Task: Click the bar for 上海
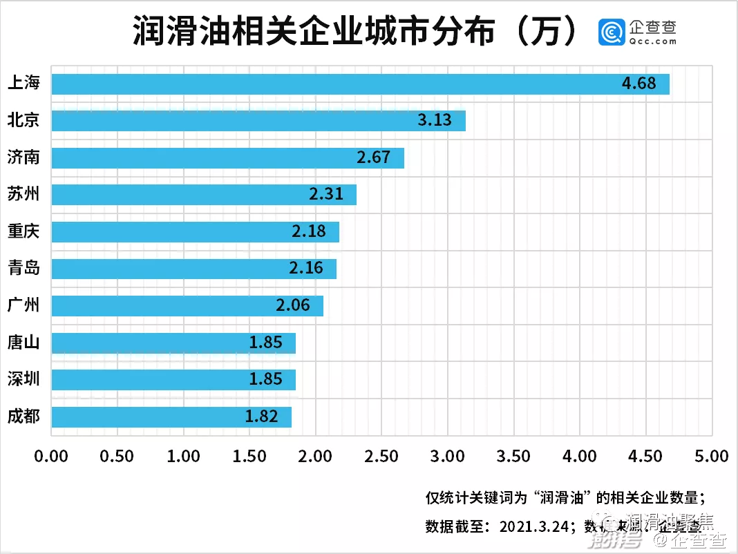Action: coord(360,84)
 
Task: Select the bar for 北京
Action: coord(258,121)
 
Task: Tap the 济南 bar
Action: coord(227,157)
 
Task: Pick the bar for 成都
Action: coord(171,417)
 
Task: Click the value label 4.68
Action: coord(638,84)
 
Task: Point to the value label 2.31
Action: coord(326,194)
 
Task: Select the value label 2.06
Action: coord(293,305)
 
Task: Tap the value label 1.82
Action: coord(261,417)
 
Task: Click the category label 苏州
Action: coord(23,194)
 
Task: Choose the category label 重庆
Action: coord(23,231)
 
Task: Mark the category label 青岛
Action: coord(23,268)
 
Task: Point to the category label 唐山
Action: coord(23,342)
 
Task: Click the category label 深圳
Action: coord(23,379)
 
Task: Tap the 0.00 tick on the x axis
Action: coord(51,457)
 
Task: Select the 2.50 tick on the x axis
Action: coord(381,457)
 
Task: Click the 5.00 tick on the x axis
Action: coord(712,457)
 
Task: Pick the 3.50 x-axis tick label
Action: coord(513,457)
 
